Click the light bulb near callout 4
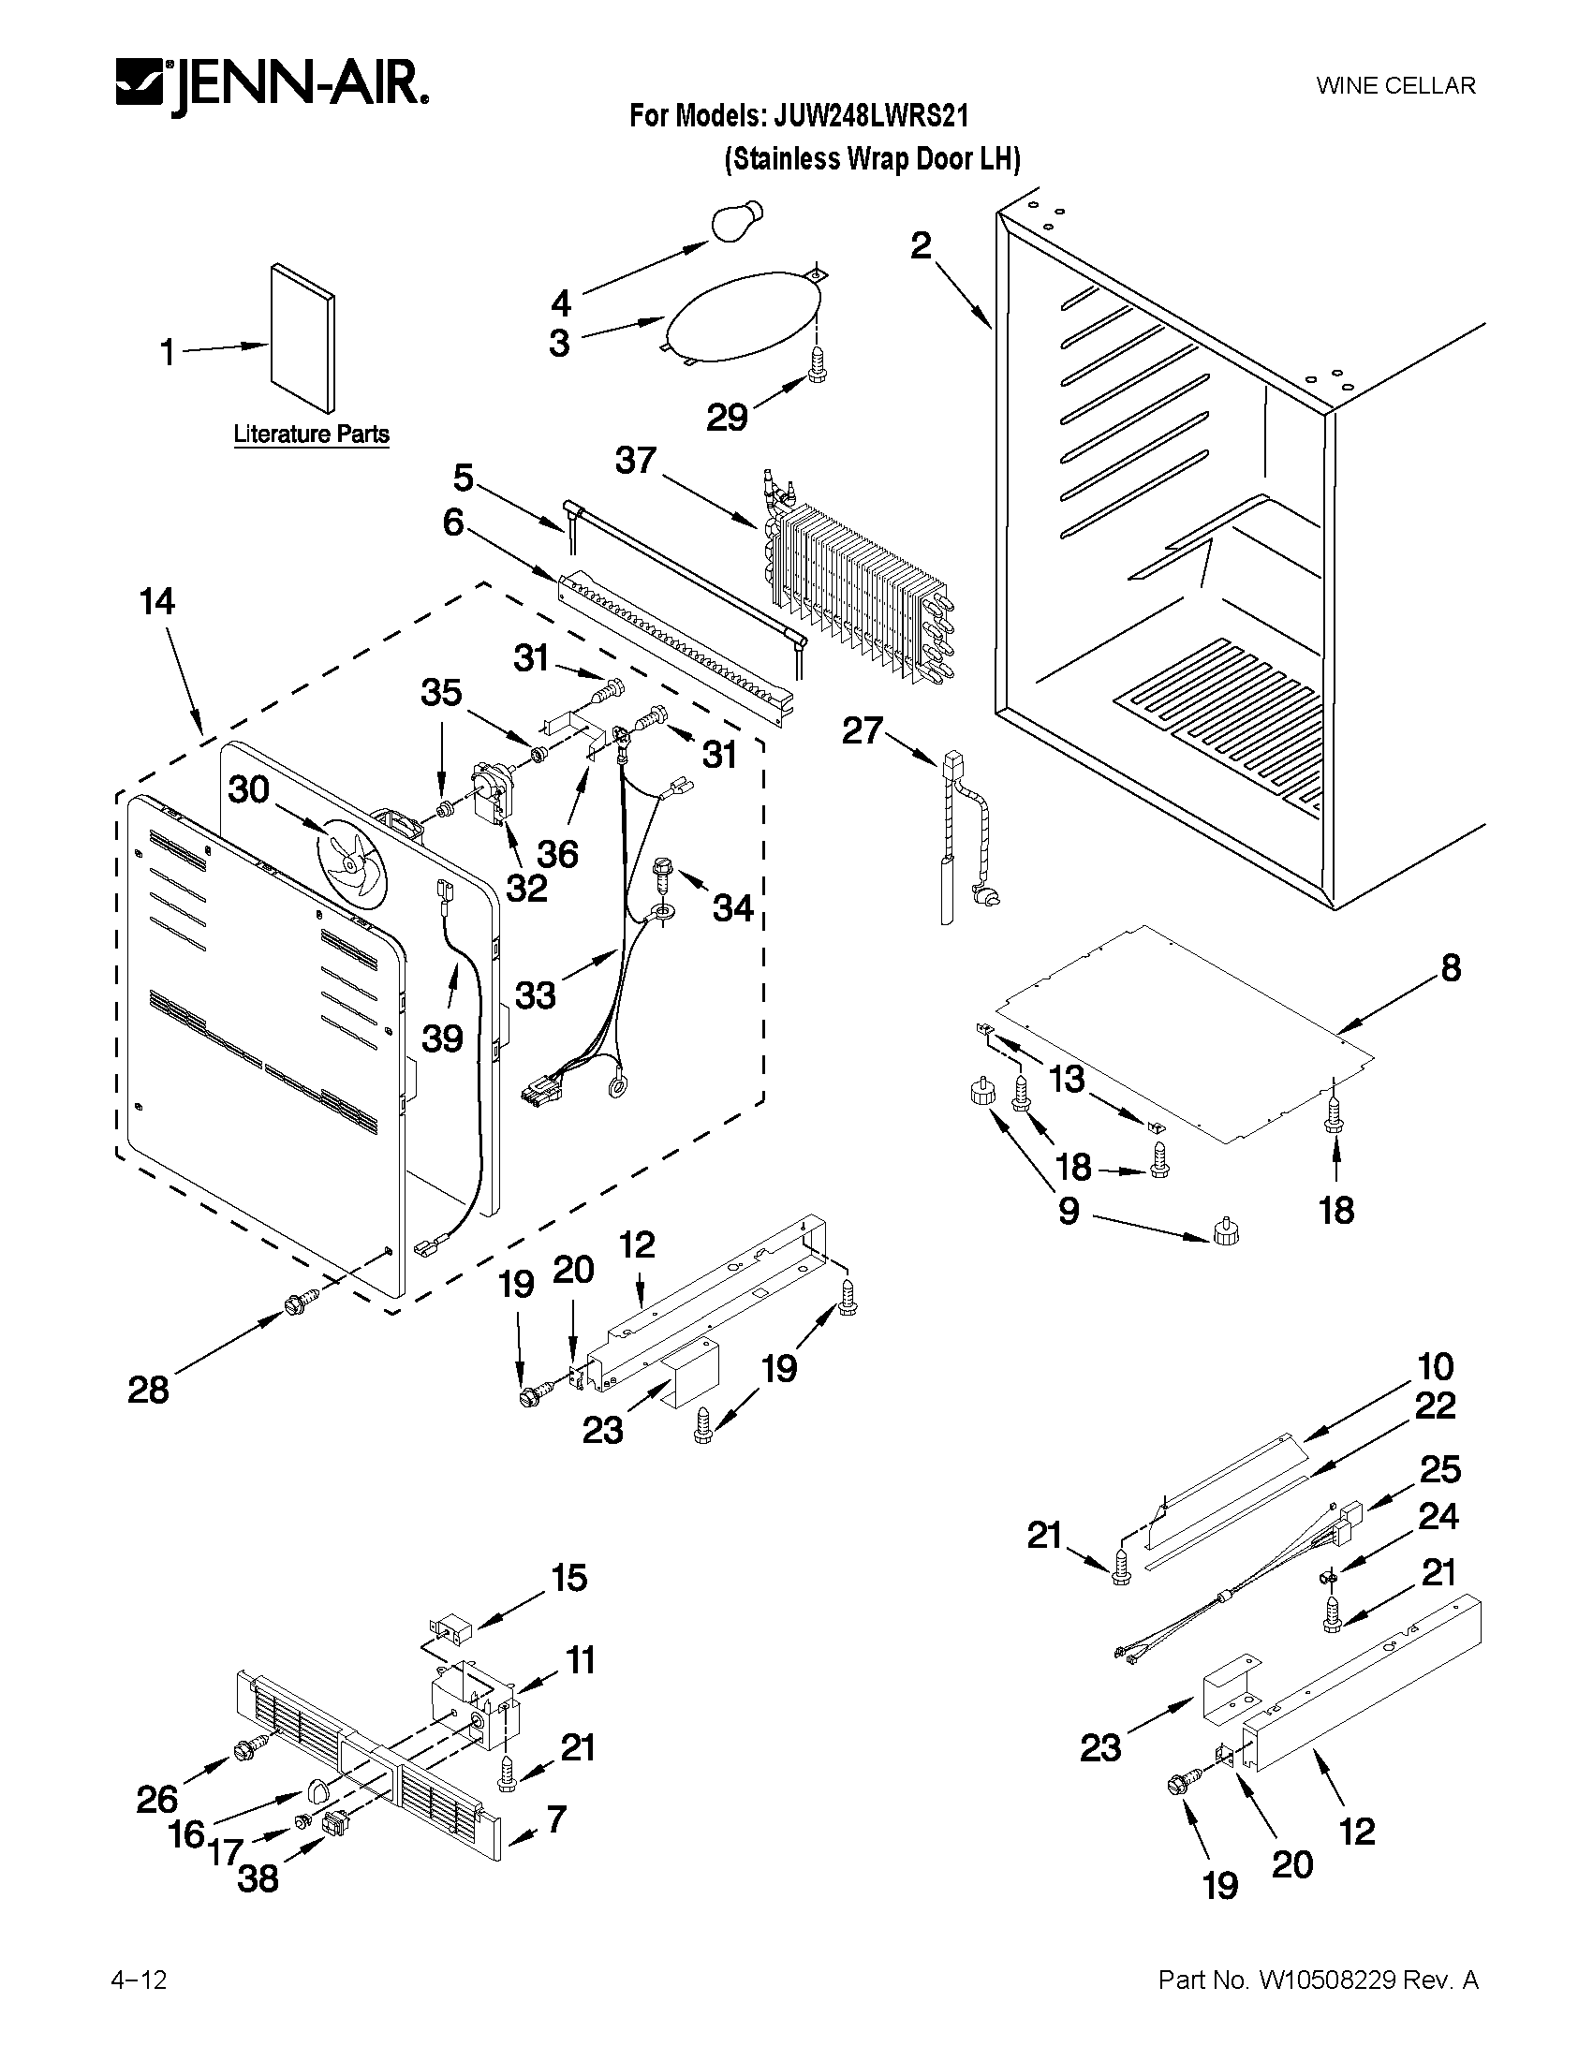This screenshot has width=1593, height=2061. (736, 221)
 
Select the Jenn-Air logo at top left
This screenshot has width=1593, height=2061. (272, 90)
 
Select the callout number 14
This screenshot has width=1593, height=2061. (156, 602)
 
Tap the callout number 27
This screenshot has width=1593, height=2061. (862, 730)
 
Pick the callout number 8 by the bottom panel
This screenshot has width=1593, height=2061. (1451, 967)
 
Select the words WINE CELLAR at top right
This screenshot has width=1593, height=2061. (1394, 86)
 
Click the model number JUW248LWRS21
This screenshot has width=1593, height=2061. (871, 116)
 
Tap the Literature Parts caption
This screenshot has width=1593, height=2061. (311, 434)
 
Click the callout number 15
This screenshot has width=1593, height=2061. (569, 1578)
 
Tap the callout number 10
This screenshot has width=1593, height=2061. (1434, 1366)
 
